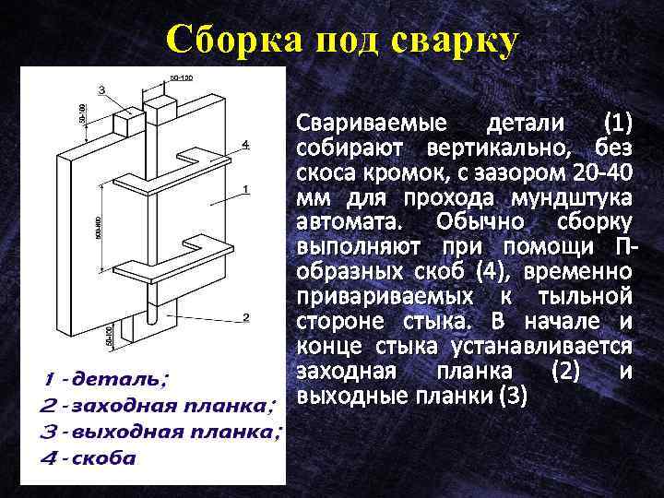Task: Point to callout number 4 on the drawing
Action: click(245, 144)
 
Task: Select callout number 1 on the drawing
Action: click(245, 189)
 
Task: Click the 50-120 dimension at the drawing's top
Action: click(181, 77)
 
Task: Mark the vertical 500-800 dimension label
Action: click(98, 227)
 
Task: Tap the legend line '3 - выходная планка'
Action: click(161, 431)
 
